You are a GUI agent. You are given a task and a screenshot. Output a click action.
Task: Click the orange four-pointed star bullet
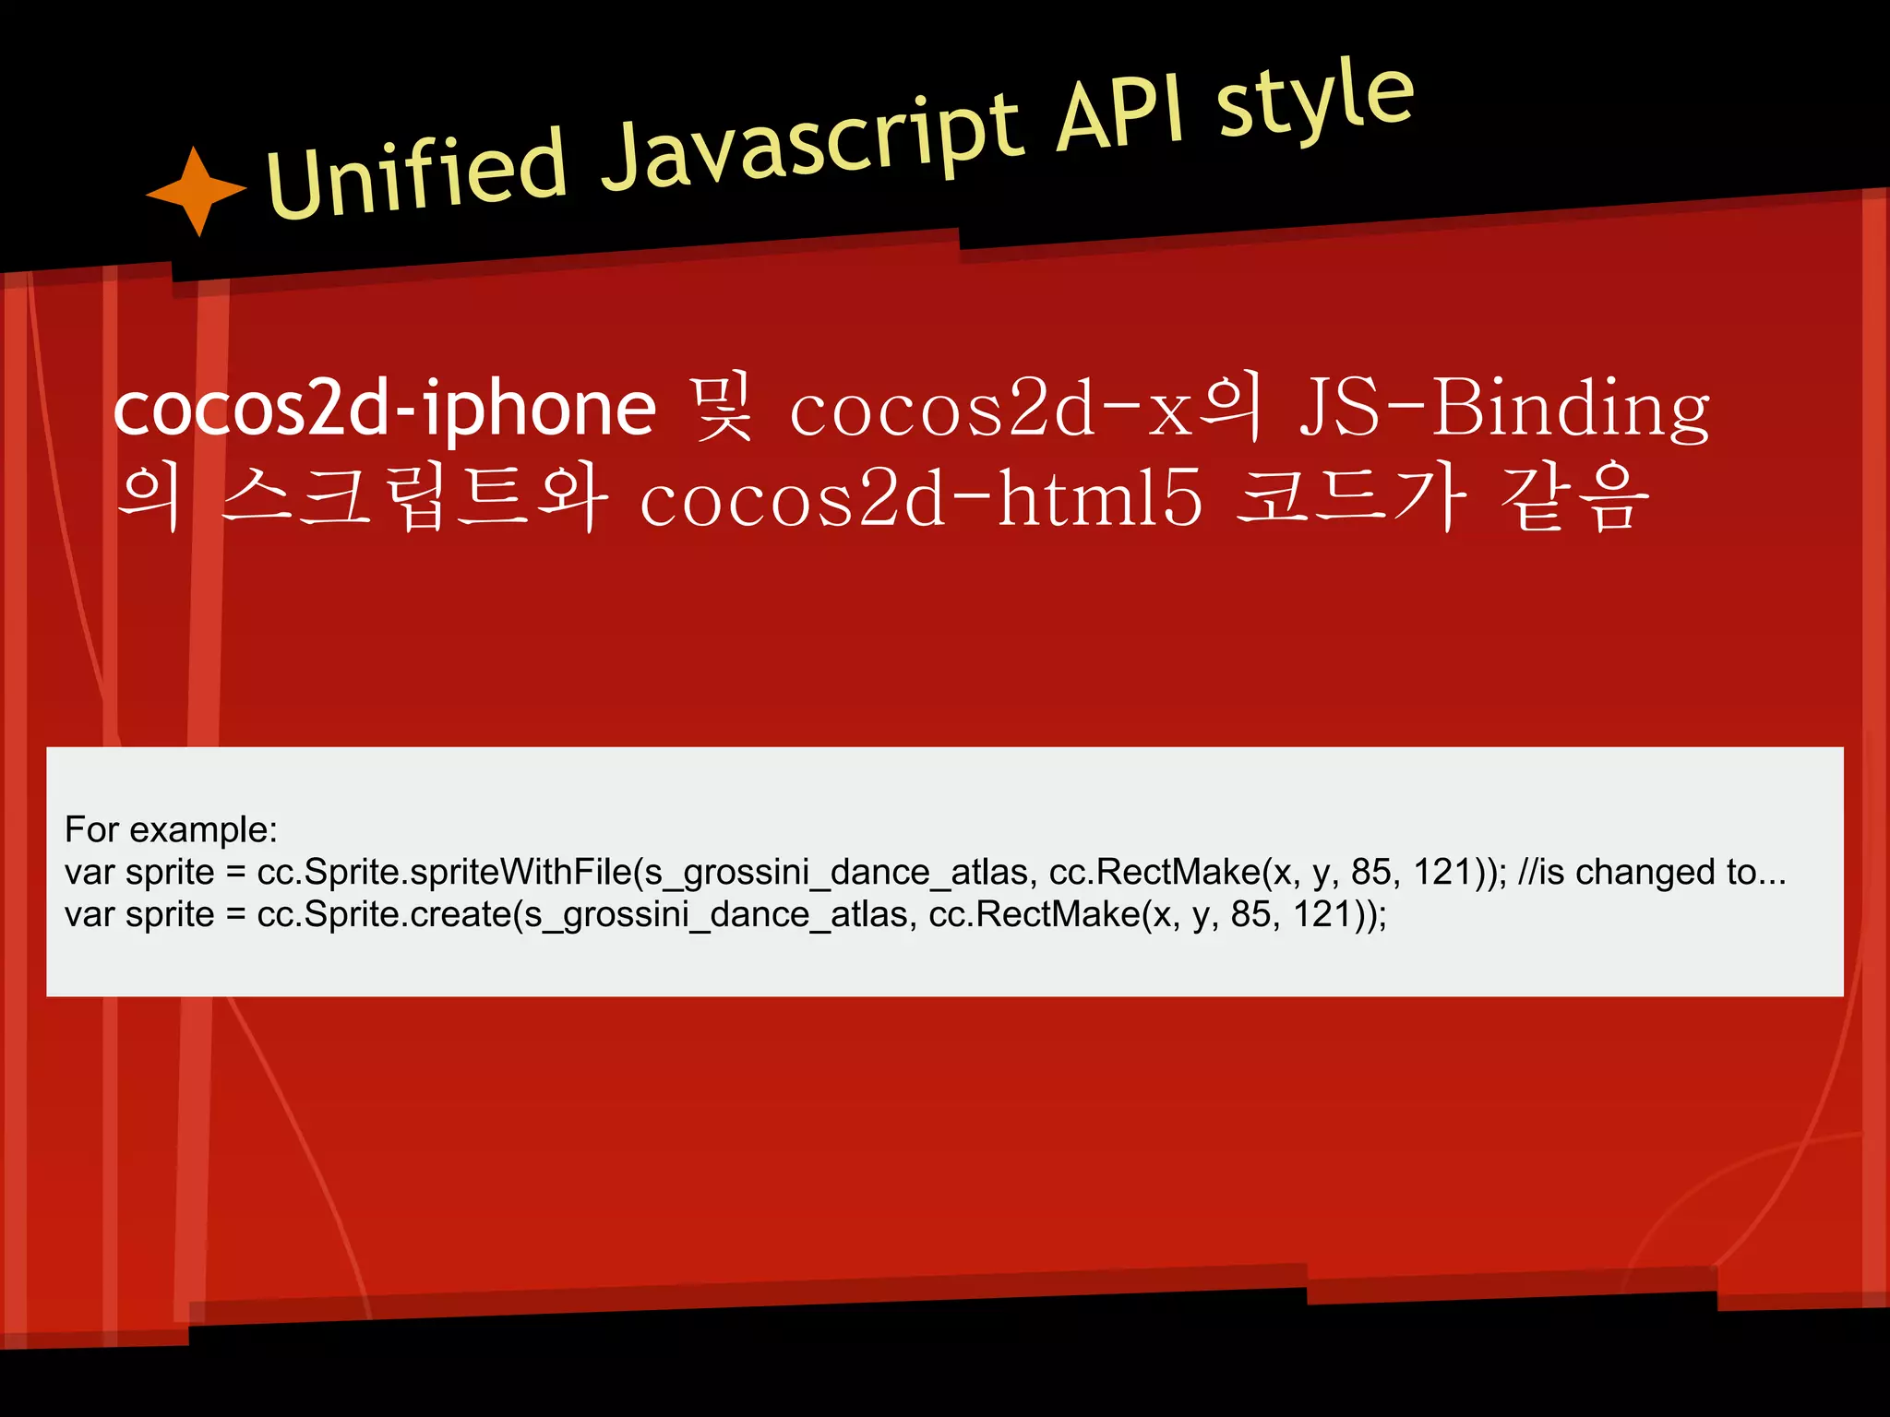click(196, 190)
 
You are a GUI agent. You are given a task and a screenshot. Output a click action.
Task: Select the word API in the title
click(1120, 114)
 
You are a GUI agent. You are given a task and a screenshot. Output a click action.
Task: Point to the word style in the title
click(1314, 98)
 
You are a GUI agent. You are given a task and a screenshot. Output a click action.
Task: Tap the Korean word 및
click(724, 408)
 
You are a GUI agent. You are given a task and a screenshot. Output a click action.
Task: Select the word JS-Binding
click(1504, 408)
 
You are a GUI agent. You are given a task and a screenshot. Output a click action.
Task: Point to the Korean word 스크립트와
click(415, 498)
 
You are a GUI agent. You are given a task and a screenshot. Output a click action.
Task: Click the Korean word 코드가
click(1351, 498)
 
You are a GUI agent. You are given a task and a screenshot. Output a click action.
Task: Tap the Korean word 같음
click(1574, 498)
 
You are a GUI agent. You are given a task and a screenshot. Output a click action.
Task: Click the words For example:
click(171, 829)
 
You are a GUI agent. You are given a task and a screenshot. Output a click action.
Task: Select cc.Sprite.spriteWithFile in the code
click(443, 872)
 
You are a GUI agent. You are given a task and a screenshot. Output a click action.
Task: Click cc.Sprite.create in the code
click(384, 914)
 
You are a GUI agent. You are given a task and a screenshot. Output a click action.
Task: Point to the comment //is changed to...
click(1652, 872)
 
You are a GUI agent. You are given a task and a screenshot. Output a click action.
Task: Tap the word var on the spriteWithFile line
click(90, 872)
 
